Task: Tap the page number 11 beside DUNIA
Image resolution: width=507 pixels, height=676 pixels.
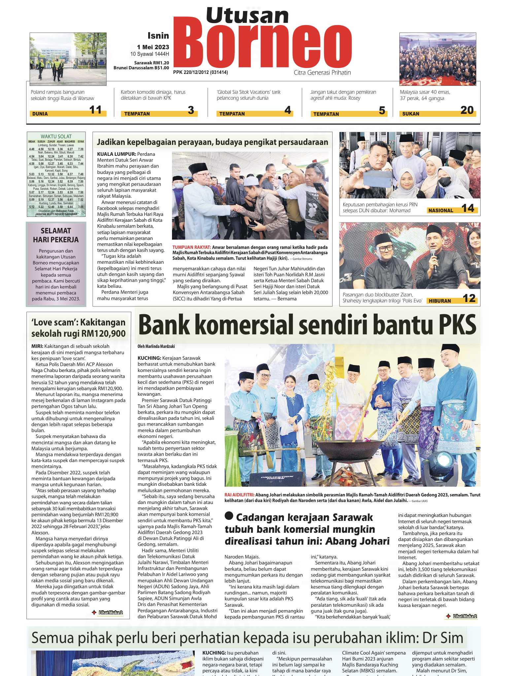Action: [95, 110]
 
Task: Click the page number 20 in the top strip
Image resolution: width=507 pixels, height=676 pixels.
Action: [467, 110]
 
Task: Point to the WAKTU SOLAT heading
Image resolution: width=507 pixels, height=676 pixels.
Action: [56, 136]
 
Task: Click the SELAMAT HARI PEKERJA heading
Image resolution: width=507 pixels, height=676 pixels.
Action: [56, 235]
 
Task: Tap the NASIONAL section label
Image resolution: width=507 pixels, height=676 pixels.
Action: [441, 211]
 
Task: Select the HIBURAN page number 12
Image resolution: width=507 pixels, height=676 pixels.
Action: [469, 299]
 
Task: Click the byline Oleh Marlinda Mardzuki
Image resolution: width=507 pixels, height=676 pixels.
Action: [156, 346]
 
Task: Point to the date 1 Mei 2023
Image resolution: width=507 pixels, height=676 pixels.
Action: [153, 47]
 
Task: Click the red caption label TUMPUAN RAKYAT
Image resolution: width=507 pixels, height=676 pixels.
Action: [191, 247]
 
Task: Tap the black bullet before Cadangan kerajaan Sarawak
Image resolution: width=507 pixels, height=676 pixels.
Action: [229, 516]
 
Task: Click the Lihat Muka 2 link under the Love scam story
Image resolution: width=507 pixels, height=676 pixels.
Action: [111, 613]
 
